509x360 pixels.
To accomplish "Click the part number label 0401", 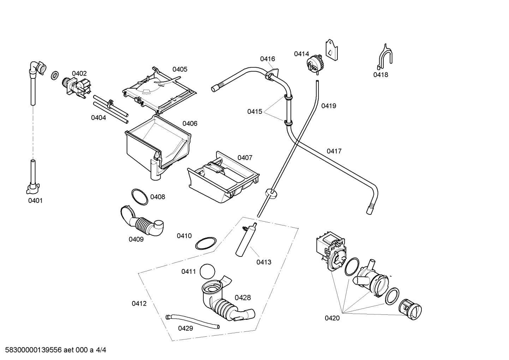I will click(35, 201).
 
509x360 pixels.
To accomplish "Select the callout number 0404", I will click(98, 118).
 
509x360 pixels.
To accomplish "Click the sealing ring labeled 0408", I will click(140, 196).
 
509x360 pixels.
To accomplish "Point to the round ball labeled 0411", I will click(207, 272).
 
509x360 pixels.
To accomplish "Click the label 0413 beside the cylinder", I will click(264, 262).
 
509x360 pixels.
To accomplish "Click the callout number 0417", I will click(334, 151).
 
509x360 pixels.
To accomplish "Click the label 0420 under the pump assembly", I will click(332, 318).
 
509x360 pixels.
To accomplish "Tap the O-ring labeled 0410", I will click(205, 244).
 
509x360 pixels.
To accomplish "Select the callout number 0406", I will click(190, 124).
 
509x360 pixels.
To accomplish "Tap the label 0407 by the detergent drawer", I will click(245, 158).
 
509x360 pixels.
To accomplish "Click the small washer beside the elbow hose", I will click(55, 75).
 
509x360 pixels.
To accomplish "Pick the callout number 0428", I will click(242, 297).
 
